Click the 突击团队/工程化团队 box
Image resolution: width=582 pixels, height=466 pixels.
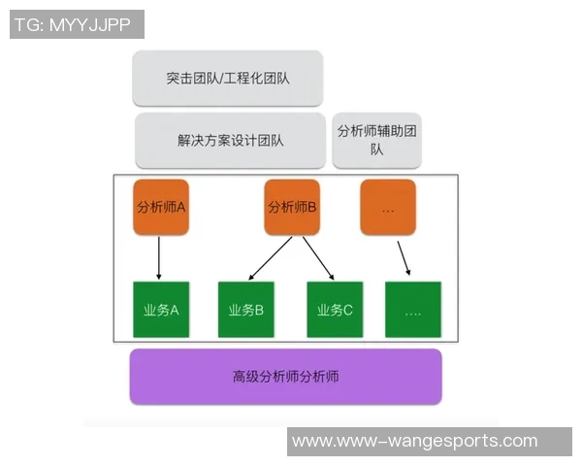[x=228, y=78]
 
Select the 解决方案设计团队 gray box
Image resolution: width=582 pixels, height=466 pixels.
[x=230, y=140]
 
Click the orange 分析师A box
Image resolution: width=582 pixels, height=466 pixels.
[x=161, y=207]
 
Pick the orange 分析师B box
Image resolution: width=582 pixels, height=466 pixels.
[x=292, y=207]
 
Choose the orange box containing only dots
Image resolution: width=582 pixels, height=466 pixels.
[x=388, y=207]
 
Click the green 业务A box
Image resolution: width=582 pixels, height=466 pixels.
[x=161, y=310]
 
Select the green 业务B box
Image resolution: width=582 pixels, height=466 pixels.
[x=246, y=310]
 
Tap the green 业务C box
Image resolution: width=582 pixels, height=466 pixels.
[x=335, y=310]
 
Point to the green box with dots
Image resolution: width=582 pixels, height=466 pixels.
[x=413, y=310]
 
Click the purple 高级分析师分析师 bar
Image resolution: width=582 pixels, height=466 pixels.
[x=285, y=376]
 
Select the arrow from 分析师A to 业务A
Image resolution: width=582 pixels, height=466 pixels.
[x=159, y=257]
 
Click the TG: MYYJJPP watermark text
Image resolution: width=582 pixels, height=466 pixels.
[x=77, y=24]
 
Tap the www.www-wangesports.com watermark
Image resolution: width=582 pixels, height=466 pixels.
[x=414, y=441]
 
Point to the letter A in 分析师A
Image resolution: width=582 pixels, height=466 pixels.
[x=180, y=207]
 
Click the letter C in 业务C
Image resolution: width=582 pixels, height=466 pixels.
[x=348, y=311]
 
